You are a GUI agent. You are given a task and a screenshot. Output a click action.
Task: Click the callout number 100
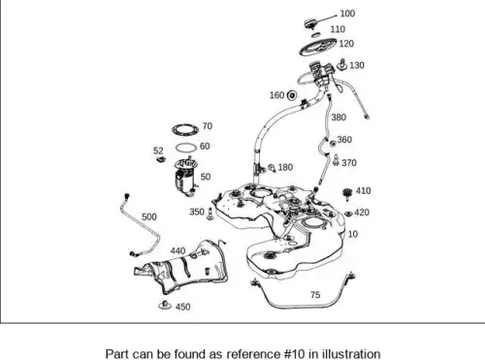pos(347,14)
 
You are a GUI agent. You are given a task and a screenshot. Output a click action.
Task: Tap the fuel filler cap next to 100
pos(310,23)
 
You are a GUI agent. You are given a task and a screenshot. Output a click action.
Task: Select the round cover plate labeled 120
pos(318,47)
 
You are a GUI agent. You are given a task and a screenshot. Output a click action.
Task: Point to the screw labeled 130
pos(342,65)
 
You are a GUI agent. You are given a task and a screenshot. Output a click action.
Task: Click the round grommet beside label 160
pos(292,95)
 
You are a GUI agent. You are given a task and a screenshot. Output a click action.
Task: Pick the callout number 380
pos(339,117)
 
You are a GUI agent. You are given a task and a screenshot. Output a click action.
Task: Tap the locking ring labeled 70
pos(185,129)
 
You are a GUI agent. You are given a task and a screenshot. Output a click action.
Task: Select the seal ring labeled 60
pos(186,147)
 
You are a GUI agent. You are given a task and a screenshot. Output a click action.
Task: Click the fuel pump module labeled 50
pos(186,177)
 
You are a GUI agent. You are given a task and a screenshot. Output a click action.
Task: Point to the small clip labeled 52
pos(161,159)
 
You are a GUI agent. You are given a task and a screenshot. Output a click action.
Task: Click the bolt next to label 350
pos(210,213)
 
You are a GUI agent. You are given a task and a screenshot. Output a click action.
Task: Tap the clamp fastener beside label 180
pos(272,168)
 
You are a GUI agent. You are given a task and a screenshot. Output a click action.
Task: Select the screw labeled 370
pos(337,160)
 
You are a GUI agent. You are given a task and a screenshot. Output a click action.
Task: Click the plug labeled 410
pos(347,193)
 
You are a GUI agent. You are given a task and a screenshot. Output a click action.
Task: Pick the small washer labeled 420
pos(348,213)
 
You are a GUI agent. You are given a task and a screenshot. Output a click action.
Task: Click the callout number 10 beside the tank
pos(353,234)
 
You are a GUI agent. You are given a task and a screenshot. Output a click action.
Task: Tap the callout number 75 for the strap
pos(315,295)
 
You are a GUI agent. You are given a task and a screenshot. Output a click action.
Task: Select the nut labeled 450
pos(165,305)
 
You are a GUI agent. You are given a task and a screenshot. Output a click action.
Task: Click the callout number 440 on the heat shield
pos(178,250)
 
